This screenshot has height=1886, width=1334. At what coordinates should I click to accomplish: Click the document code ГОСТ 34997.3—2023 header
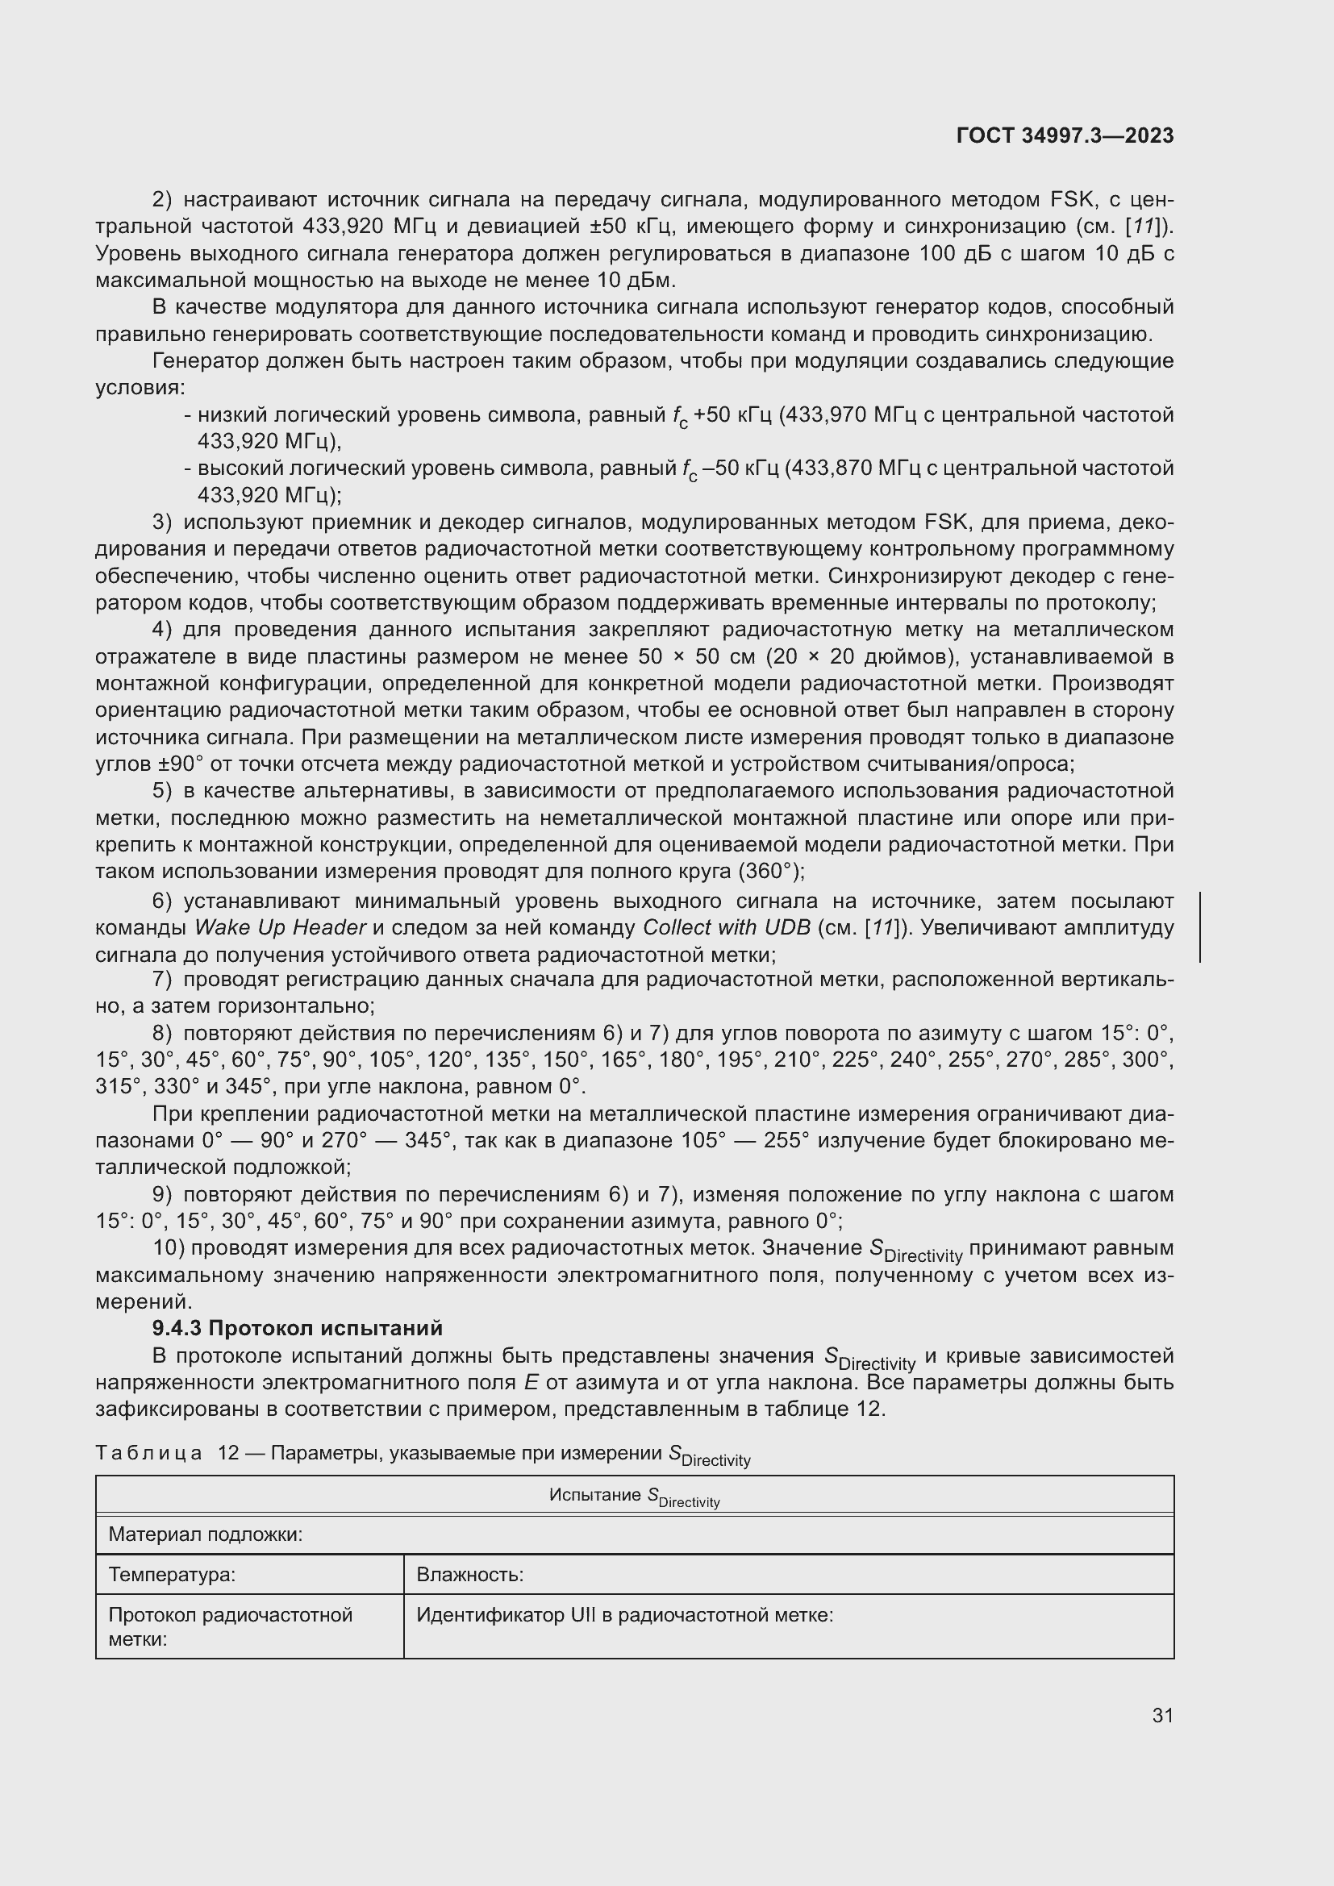click(1065, 135)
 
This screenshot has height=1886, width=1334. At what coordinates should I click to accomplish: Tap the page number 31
click(1162, 1715)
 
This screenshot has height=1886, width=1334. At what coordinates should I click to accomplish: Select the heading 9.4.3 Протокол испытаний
click(298, 1328)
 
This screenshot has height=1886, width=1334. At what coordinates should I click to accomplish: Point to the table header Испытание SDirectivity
click(634, 1497)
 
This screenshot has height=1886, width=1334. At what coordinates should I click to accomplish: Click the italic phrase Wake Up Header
click(279, 927)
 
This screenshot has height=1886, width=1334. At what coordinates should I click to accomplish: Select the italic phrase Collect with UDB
click(726, 927)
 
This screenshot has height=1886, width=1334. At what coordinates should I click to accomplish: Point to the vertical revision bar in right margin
click(1200, 926)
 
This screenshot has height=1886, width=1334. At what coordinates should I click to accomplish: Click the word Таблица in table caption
click(148, 1453)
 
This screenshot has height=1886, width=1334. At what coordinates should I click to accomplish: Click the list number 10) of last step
click(170, 1247)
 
